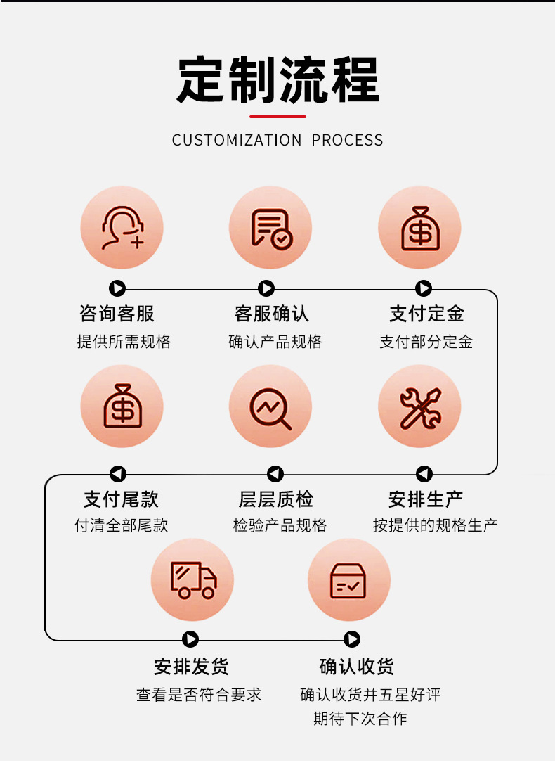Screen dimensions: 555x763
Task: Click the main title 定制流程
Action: point(277,79)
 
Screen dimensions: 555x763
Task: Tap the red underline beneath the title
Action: point(277,117)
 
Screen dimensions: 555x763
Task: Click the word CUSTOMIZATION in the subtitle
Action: point(237,140)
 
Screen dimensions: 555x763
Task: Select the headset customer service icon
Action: point(122,228)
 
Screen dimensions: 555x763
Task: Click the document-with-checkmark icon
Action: point(270,229)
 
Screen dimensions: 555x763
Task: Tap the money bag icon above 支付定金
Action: point(420,228)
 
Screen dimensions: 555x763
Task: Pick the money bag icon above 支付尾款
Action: point(122,406)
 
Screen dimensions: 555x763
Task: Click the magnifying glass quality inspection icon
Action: point(270,408)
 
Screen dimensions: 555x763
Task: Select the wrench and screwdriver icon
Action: point(420,408)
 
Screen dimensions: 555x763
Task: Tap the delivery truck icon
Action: point(193,580)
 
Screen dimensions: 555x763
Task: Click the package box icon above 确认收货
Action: point(348,581)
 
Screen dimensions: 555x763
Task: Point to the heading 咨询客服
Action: point(117,314)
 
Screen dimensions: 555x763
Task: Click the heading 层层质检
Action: point(275,499)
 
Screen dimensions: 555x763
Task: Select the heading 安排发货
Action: point(191,667)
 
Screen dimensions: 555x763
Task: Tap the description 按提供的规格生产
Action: point(435,525)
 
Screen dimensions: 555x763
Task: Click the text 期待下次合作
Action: point(360,718)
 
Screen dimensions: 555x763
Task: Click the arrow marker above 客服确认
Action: point(266,288)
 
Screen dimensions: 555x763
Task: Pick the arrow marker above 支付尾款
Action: point(117,473)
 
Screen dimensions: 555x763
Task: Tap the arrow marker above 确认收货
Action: point(351,639)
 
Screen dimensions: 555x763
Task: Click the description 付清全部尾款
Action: point(121,525)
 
